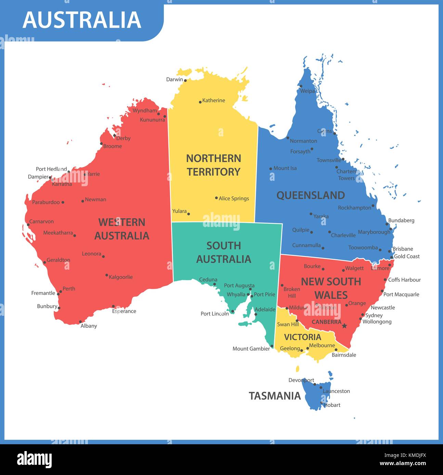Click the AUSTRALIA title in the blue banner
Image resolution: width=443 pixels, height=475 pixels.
82,20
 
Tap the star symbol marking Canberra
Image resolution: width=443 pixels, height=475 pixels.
344,326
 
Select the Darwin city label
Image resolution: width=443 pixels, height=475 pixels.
174,79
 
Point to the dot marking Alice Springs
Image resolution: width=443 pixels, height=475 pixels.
216,198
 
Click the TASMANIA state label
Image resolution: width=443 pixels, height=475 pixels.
275,396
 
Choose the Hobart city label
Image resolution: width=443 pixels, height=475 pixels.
332,405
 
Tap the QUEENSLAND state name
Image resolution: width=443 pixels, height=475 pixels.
310,195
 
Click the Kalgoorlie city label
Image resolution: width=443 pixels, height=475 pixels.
121,277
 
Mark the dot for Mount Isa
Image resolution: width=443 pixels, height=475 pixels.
271,168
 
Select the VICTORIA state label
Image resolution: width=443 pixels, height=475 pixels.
302,337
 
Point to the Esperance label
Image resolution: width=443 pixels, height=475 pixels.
124,311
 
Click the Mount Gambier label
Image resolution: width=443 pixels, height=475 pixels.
251,349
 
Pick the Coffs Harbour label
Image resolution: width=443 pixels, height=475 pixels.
404,280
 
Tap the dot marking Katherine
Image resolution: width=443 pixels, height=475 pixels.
200,102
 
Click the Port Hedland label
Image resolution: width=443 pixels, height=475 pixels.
51,169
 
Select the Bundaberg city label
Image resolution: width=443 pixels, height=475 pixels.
401,220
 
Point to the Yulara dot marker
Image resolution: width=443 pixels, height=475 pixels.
188,214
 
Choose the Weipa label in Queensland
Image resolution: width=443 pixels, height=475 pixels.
307,91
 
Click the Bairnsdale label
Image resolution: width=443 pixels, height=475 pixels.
344,355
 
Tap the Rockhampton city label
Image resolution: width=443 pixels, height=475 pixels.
354,207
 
